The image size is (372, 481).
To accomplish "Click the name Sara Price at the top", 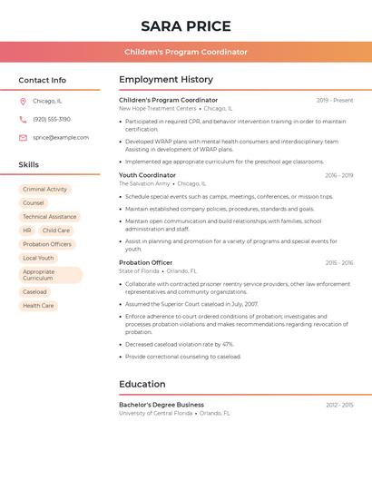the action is point(186,26).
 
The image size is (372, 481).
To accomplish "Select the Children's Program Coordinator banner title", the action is point(186,52).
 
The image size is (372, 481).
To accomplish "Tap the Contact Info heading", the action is point(43,80).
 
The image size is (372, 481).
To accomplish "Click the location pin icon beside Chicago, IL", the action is point(23,102).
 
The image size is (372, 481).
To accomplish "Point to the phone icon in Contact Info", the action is point(23,120).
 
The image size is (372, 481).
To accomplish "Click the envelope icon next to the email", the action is point(23,138).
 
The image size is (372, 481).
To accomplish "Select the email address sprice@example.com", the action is point(61,138).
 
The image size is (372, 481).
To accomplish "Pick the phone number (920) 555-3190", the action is point(52,120).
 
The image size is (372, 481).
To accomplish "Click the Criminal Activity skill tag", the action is point(45,190).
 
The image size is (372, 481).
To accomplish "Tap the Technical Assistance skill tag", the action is point(50,217).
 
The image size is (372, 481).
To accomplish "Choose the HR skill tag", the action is point(27,231).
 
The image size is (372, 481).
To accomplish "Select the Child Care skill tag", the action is point(55,231).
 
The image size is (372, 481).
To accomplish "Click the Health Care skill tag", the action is point(38,306).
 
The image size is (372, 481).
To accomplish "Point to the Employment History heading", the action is point(166,80).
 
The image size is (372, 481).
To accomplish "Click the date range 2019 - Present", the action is point(335,100).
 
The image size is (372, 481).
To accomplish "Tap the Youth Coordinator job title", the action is point(147,175).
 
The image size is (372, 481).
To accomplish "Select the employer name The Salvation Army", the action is point(144,183).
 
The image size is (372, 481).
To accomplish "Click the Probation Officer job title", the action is point(145,262).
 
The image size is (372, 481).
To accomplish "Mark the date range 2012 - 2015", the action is point(339,405).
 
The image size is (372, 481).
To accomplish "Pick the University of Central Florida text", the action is point(155,413).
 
